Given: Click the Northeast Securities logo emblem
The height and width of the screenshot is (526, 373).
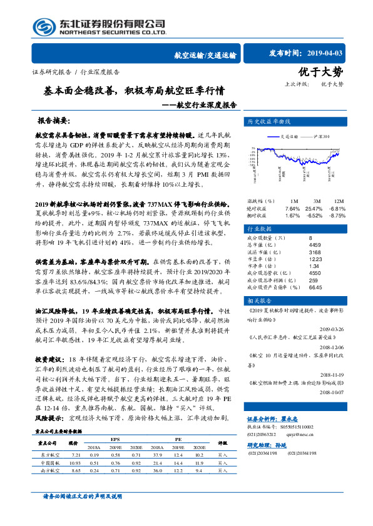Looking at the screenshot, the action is [44, 27].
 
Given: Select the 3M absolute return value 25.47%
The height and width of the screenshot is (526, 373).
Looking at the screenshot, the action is [315, 208].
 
